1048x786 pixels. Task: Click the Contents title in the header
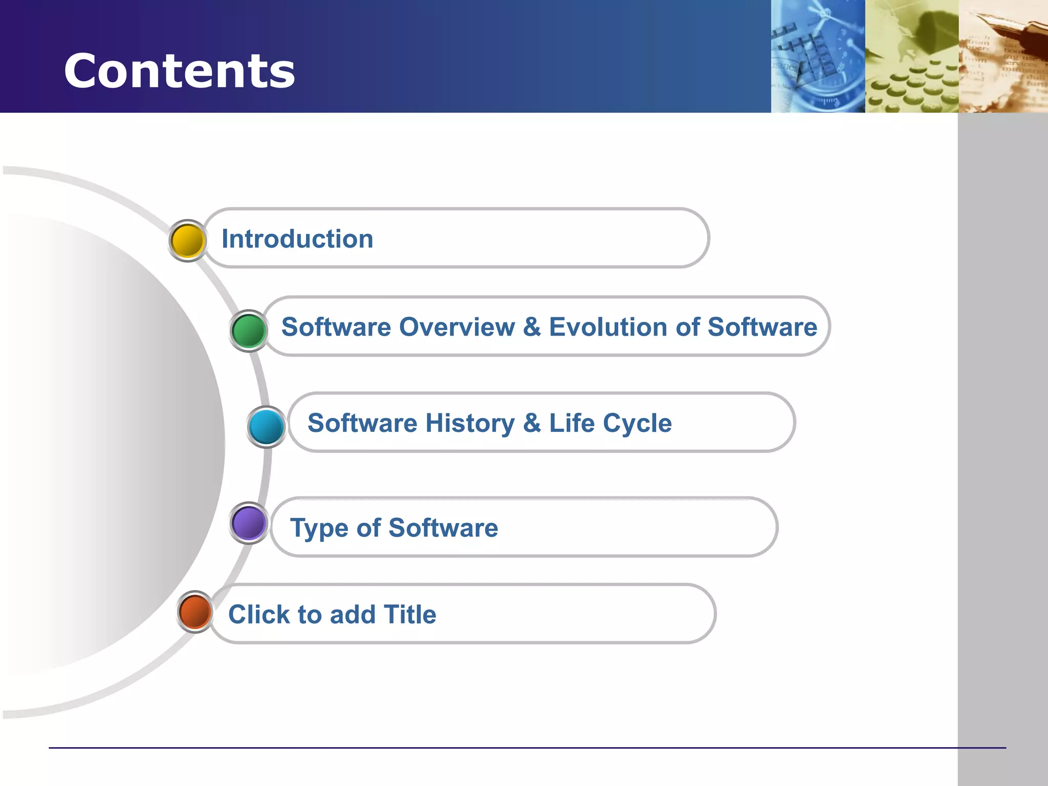click(x=179, y=71)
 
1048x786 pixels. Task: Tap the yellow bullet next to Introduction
click(x=187, y=241)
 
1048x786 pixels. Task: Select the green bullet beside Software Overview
click(x=249, y=331)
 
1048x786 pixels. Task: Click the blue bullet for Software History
click(x=266, y=427)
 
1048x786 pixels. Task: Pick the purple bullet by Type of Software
click(x=249, y=523)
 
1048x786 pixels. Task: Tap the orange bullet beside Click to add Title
click(x=195, y=612)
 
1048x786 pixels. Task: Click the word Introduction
click(x=297, y=239)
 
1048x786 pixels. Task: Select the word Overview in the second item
click(x=457, y=327)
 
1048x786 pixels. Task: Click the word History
click(x=470, y=423)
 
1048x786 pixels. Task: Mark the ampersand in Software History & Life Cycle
click(x=532, y=423)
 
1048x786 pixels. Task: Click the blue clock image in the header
click(x=818, y=56)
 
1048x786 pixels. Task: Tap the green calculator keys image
click(x=911, y=56)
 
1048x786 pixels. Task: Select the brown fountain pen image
click(x=1003, y=56)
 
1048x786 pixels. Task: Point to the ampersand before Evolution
click(x=532, y=327)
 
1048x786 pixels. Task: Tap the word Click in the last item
click(x=258, y=614)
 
